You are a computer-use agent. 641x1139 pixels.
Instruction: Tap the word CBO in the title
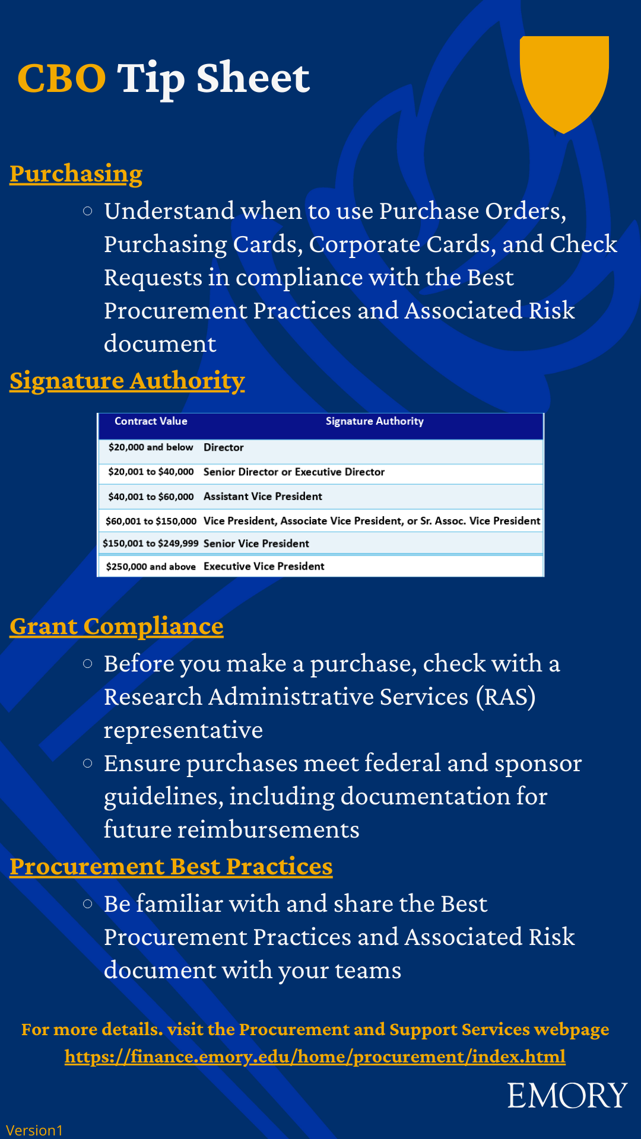tap(62, 78)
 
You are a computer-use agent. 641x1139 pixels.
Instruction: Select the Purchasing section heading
tap(76, 174)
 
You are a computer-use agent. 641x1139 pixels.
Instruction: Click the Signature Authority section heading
tap(127, 381)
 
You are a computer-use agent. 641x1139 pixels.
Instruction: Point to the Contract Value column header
tap(151, 421)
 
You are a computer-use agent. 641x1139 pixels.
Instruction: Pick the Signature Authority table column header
tap(375, 421)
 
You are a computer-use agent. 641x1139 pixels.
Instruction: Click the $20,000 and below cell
tap(151, 447)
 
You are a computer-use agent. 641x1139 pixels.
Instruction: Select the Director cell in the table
tap(224, 448)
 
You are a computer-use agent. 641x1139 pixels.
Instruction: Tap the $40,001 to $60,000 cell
tap(151, 497)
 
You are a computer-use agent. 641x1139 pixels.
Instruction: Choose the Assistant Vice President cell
tap(263, 497)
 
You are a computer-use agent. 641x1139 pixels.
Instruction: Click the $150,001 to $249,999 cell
tap(151, 543)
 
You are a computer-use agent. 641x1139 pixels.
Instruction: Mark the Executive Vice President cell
tap(264, 567)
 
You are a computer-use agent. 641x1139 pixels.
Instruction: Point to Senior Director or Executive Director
tap(294, 472)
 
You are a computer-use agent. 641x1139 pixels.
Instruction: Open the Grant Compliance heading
tap(116, 626)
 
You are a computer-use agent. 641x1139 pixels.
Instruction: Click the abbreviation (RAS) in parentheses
tap(506, 697)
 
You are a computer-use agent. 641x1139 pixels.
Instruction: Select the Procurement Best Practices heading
tap(171, 867)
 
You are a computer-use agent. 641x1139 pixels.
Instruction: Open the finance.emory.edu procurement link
tap(315, 1057)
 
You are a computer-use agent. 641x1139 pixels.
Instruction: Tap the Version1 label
tap(34, 1130)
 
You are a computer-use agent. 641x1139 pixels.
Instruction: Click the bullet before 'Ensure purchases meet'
tap(88, 763)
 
